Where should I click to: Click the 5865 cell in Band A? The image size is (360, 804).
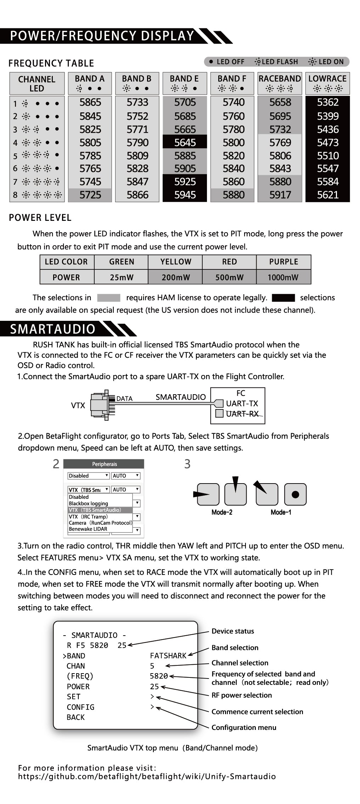coord(90,102)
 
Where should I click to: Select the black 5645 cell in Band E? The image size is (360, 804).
coord(185,143)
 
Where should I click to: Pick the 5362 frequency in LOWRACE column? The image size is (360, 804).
coord(327,102)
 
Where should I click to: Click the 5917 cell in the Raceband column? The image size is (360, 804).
coord(280,195)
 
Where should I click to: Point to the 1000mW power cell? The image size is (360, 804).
coord(283,277)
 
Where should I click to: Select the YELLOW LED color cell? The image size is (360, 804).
coord(175,262)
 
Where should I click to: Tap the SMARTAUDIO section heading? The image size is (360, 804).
coord(52,329)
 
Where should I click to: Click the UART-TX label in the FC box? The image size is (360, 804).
coord(242,403)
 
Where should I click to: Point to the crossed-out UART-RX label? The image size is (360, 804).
coord(242,414)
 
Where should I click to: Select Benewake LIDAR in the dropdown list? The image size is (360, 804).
coord(88,529)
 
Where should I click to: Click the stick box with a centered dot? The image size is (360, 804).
coord(295,494)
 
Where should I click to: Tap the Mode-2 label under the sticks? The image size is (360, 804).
coord(222,512)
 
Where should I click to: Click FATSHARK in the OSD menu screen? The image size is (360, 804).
coord(168,656)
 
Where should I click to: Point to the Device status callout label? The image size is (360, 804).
coord(232,631)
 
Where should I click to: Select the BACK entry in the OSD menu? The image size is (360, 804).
coord(75,717)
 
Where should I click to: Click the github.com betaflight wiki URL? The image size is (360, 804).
coord(147,776)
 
